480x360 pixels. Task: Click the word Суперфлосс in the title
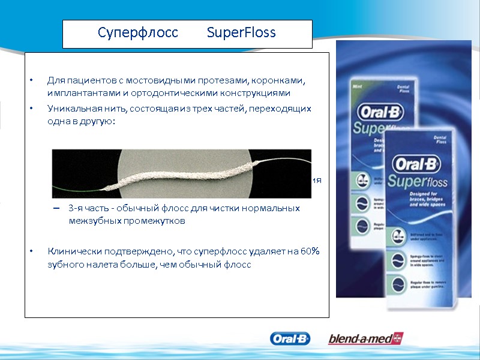[x=138, y=33]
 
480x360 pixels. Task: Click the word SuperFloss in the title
[x=241, y=33]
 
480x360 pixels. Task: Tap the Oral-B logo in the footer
[x=290, y=339]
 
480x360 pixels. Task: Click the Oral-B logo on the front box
[x=414, y=163]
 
